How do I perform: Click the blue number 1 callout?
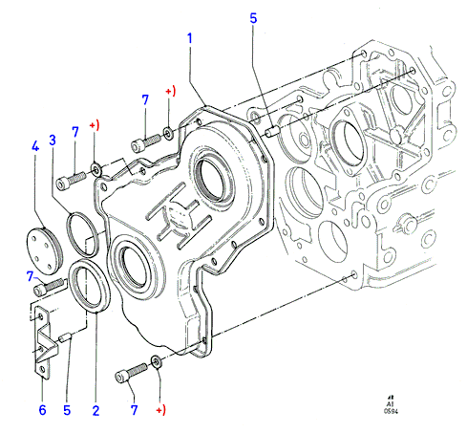[190, 38]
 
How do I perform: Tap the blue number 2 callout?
[96, 411]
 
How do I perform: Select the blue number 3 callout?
[53, 141]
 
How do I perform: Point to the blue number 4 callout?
[35, 146]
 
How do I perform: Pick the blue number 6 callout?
[42, 410]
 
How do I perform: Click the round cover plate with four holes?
[44, 251]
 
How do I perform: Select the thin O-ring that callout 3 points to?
[82, 234]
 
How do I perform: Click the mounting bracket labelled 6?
[44, 343]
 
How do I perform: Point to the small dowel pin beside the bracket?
[65, 337]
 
